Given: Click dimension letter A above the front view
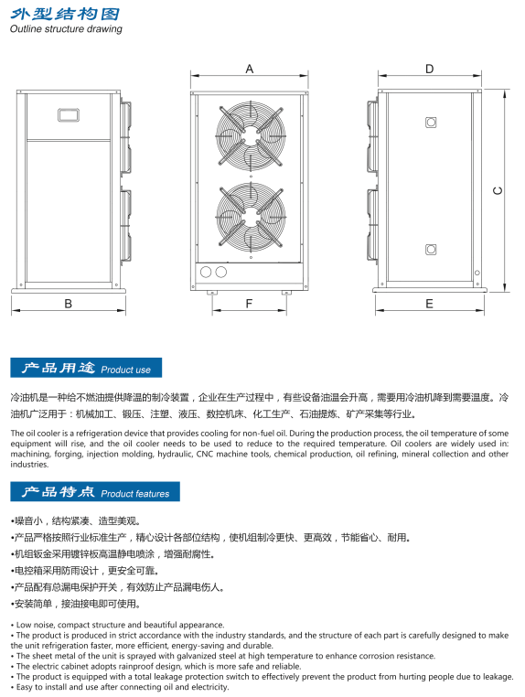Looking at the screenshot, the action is point(250,69).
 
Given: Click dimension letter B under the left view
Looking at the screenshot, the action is point(68,304).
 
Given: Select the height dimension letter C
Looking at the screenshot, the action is point(498,190).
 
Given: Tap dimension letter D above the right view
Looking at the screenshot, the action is point(430,69).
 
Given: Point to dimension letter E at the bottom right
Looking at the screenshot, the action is point(430,304).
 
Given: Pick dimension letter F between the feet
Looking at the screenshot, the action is point(249,304).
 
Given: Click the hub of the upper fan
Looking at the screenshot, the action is point(252,134).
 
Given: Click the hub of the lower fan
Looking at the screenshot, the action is point(252,217).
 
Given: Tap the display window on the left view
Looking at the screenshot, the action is point(69,115).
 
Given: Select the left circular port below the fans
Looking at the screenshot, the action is point(206,272).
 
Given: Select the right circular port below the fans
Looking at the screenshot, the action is point(221,272).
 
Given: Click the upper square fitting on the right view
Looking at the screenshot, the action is point(431,123).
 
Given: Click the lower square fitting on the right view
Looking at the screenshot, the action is point(431,250).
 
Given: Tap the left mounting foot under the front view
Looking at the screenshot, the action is point(212,293).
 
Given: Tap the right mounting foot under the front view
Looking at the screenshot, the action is point(286,293).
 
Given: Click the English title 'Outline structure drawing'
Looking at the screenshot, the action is point(66,29).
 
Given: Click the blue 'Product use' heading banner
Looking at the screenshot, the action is point(86,368).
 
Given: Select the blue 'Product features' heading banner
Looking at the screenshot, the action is point(95,491).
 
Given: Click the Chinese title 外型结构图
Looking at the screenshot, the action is point(65,14).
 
